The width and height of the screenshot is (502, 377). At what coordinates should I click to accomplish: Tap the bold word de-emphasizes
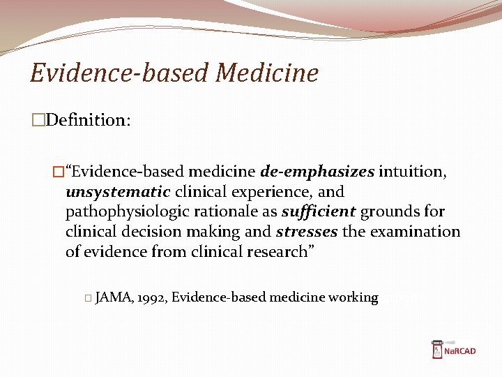[x=317, y=172]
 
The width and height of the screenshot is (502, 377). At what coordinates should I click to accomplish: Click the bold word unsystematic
[x=118, y=191]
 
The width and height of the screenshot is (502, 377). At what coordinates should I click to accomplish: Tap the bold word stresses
[x=303, y=232]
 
